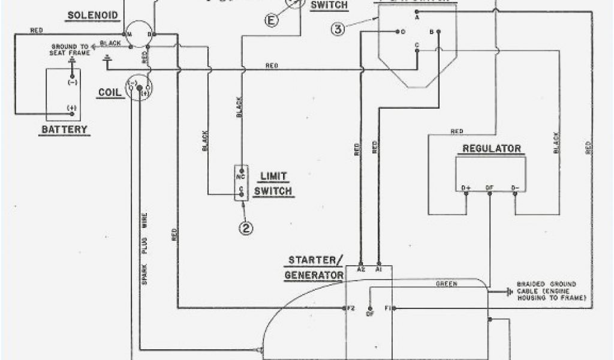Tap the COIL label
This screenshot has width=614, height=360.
tap(110, 94)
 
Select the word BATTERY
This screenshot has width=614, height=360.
tap(64, 129)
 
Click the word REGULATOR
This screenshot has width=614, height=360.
tap(491, 149)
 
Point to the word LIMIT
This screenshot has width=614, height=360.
tap(273, 176)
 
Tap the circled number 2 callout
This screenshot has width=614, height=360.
tap(245, 227)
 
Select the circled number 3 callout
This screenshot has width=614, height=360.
tap(338, 29)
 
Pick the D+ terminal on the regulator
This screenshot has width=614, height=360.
tap(466, 188)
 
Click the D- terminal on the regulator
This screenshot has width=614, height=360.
tap(514, 188)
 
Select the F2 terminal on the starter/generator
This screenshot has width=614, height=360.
tap(350, 308)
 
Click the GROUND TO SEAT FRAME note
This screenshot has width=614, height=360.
tap(71, 49)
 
